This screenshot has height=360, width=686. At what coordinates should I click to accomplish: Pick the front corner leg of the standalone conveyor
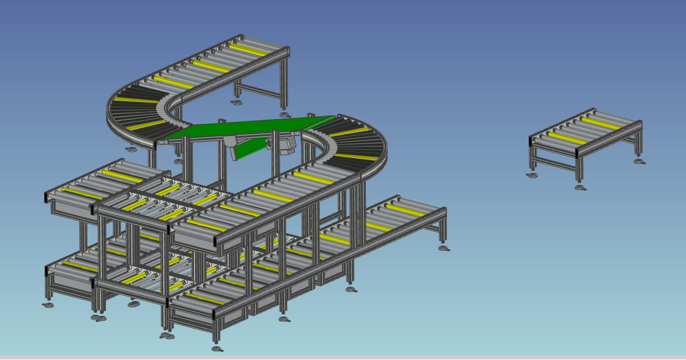pos(579,168)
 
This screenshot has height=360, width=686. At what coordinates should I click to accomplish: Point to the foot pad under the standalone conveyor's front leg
pos(581,188)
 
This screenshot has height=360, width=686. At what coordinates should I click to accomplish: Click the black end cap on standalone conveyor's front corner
pos(577,153)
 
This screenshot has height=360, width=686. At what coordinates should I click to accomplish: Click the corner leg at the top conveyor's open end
pos(284,81)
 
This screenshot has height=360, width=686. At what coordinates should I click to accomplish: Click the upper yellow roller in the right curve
pos(345,132)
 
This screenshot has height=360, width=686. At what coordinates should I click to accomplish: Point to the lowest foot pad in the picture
pos(217,348)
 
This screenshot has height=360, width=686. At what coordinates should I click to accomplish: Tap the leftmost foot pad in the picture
pos(48,304)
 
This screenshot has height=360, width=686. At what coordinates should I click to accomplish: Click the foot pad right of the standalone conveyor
pos(639,161)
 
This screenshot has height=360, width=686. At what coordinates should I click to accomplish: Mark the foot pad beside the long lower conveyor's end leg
pos(444,248)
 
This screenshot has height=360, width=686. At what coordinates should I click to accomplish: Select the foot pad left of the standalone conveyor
pos(532,175)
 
